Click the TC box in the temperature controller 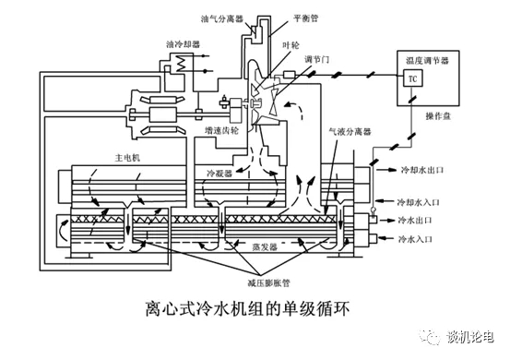pos(412,78)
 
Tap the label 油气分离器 pos(221,19)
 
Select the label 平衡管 pos(305,18)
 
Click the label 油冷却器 pos(183,44)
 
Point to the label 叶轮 pos(291,45)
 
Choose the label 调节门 pos(316,59)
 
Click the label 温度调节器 pos(427,61)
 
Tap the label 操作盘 pos(438,116)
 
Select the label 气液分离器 pos(350,131)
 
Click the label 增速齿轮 pos(221,130)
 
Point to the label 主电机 pos(127,158)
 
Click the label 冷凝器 pos(219,174)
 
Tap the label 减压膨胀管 pos(268,282)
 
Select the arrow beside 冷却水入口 pos(385,201)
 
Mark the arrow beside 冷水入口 pos(386,238)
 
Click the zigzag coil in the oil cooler pos(180,63)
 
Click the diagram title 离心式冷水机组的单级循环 pos(247,308)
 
